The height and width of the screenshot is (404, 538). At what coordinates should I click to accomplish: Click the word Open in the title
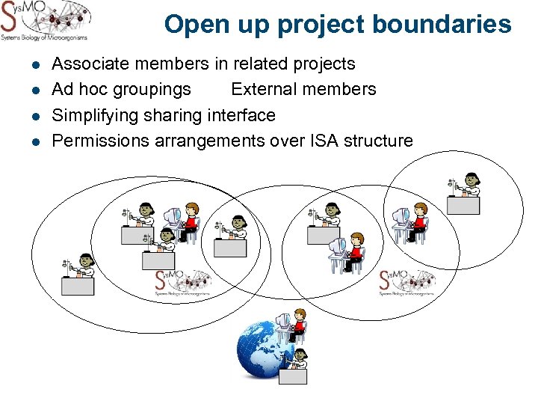(191, 24)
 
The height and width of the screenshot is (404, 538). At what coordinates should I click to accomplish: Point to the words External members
(303, 89)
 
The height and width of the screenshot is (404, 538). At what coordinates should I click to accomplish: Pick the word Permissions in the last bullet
(100, 141)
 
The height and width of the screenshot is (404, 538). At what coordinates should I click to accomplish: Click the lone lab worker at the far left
(78, 275)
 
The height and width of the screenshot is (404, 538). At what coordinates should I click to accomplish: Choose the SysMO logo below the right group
(406, 284)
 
